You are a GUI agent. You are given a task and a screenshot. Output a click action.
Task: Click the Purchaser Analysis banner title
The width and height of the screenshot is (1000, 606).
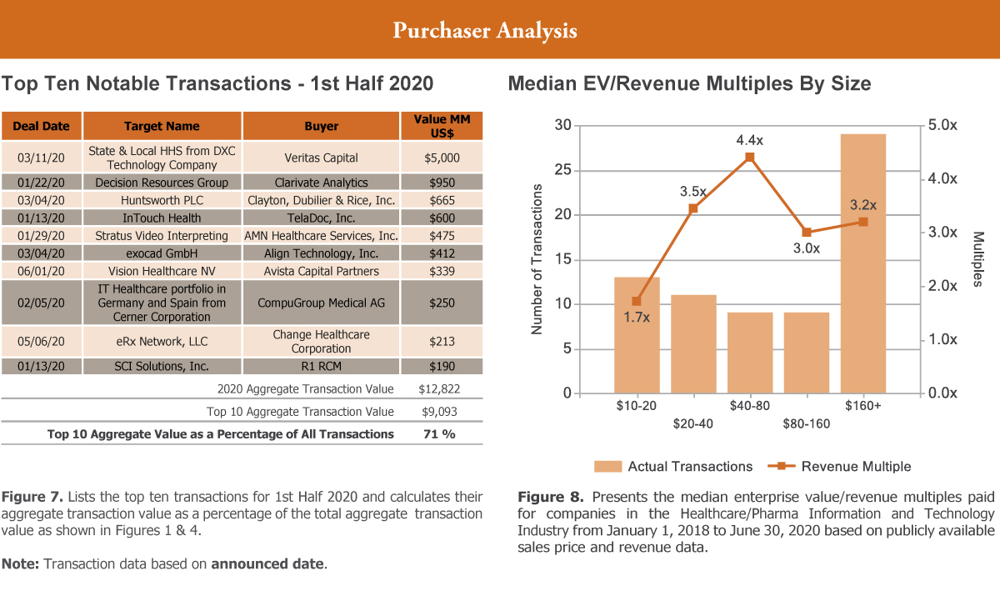click(484, 31)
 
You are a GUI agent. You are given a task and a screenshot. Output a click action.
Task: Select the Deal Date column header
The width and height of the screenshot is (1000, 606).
click(42, 126)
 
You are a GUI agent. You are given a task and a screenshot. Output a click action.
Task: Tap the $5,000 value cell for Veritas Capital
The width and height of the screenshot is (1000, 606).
click(442, 157)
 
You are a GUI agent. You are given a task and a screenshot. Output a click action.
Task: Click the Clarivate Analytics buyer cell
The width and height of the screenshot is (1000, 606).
click(321, 182)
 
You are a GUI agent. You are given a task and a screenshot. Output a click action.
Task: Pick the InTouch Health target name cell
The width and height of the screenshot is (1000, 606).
click(162, 218)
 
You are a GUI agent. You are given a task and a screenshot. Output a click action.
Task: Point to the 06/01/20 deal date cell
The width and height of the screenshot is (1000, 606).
click(42, 271)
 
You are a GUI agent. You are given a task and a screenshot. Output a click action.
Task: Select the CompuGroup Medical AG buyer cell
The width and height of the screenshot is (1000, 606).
click(321, 303)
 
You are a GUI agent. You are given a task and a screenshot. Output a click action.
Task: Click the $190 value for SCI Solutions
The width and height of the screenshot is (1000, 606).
click(442, 366)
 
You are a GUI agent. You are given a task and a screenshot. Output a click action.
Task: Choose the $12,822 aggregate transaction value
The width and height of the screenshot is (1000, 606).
click(438, 388)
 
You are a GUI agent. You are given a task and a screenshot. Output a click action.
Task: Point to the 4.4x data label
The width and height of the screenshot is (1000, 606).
click(749, 140)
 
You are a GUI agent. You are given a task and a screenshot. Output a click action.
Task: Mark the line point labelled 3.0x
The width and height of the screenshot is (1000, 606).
click(806, 232)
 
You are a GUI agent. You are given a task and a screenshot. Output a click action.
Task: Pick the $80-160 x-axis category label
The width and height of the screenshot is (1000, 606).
click(806, 423)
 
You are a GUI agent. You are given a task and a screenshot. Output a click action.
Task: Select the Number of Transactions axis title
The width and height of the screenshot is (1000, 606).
click(537, 259)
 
